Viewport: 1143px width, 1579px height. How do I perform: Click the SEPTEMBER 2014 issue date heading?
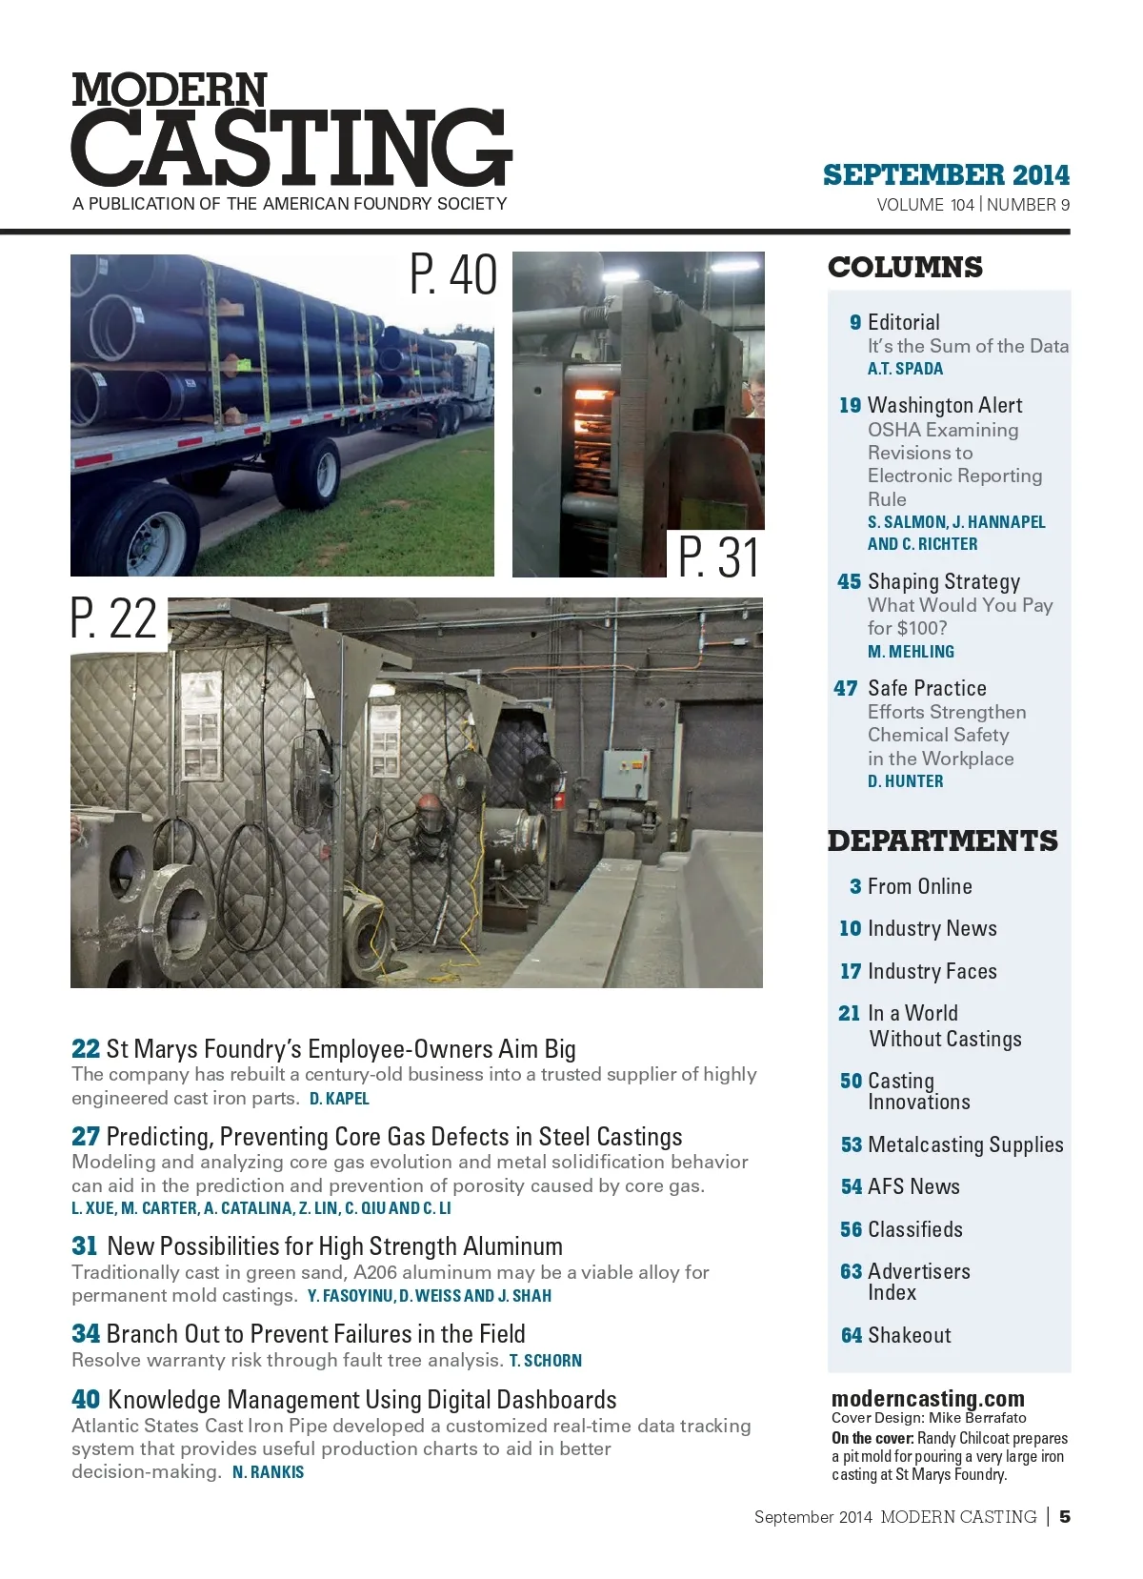pos(946,175)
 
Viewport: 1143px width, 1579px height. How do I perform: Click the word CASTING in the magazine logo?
pos(291,148)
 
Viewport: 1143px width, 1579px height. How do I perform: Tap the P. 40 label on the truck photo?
pos(453,274)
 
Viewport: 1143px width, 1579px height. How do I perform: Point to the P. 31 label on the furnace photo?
pos(718,557)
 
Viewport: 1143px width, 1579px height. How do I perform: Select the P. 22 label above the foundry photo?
pos(113,618)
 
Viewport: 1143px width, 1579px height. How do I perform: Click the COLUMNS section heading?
pos(905,268)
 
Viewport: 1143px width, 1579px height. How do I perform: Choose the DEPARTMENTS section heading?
pos(942,841)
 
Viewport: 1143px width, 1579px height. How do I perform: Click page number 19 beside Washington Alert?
pos(850,406)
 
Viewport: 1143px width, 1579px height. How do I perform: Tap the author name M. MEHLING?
pos(911,652)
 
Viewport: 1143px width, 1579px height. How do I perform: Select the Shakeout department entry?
pos(909,1335)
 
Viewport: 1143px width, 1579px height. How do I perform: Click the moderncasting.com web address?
pos(928,1399)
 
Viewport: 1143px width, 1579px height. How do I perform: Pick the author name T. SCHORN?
pos(545,1361)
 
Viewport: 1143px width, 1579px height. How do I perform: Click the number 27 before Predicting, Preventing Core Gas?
pos(85,1137)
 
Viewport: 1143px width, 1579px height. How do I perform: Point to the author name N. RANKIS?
pos(268,1472)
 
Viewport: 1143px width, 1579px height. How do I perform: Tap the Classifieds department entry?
pos(914,1229)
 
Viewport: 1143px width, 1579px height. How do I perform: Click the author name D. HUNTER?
pos(905,781)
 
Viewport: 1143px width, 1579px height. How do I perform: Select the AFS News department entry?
pos(913,1186)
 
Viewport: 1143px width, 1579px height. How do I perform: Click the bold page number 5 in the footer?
pos(1065,1516)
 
